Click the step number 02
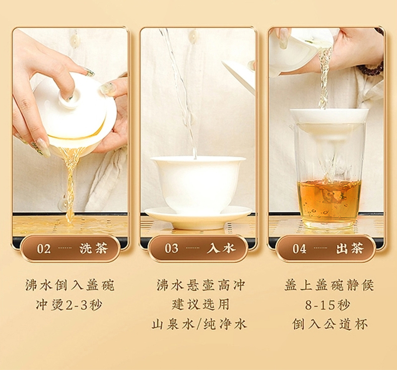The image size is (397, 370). click(44, 249)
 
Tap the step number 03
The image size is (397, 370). click(172, 248)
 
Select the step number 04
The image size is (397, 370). click(300, 249)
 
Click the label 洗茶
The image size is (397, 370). click(94, 248)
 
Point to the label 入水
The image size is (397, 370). click(221, 248)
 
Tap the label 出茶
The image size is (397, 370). click(350, 248)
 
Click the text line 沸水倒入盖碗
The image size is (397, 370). click(70, 285)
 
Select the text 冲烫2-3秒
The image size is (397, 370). click(69, 305)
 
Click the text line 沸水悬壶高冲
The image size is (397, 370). click(200, 285)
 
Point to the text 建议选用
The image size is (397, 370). click(200, 305)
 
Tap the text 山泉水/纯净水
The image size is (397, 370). click(199, 324)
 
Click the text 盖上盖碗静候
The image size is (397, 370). click(329, 285)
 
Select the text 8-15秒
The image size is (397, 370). click(328, 305)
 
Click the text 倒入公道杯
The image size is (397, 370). click(330, 324)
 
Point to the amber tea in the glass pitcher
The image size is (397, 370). click(329, 201)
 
